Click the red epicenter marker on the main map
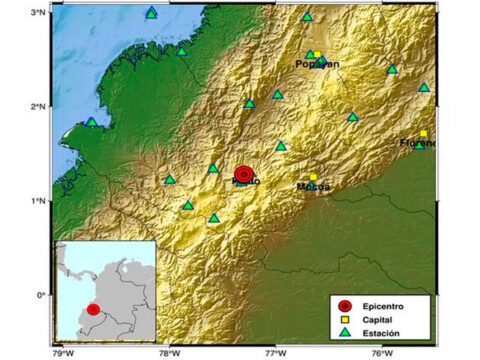tap(244, 174)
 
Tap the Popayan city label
tap(317, 64)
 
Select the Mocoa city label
tap(314, 186)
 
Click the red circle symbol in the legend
tap(346, 304)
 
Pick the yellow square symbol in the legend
tap(346, 318)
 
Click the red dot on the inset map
tap(93, 309)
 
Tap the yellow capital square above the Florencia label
tap(423, 134)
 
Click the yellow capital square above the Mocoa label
tap(312, 177)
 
